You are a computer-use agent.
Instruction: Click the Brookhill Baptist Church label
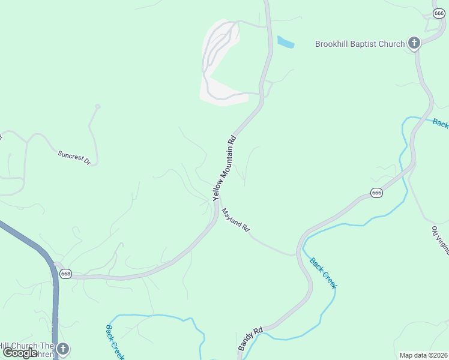pyautogui.click(x=360, y=44)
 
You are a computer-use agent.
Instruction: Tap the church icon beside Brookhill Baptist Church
pyautogui.click(x=414, y=43)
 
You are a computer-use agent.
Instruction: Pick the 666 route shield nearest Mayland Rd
pyautogui.click(x=376, y=193)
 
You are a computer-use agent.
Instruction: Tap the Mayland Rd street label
pyautogui.click(x=235, y=220)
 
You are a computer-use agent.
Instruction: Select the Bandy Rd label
pyautogui.click(x=250, y=339)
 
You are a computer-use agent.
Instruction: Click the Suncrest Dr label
pyautogui.click(x=74, y=158)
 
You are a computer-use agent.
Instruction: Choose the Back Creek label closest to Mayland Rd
pyautogui.click(x=324, y=273)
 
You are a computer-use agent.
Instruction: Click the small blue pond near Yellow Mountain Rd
pyautogui.click(x=285, y=42)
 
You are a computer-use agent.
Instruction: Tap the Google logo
pyautogui.click(x=20, y=352)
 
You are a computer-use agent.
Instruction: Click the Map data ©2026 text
pyautogui.click(x=423, y=355)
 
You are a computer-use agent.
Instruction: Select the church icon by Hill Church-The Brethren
pyautogui.click(x=62, y=349)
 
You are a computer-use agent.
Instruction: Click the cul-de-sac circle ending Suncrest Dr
pyautogui.click(x=98, y=107)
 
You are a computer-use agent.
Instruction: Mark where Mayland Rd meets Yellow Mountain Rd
pyautogui.click(x=218, y=199)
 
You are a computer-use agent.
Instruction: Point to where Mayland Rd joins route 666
pyautogui.click(x=297, y=254)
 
